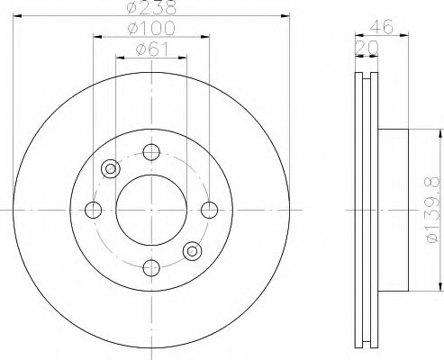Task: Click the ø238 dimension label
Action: point(151,7)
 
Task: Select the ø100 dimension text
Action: point(151,28)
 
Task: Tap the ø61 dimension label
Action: point(151,49)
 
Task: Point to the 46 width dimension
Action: point(381,26)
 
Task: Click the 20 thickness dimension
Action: point(367,48)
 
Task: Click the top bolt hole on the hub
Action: point(151,152)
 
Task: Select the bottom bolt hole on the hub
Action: point(151,268)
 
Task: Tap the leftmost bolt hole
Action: point(94,210)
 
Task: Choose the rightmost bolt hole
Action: point(209,210)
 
